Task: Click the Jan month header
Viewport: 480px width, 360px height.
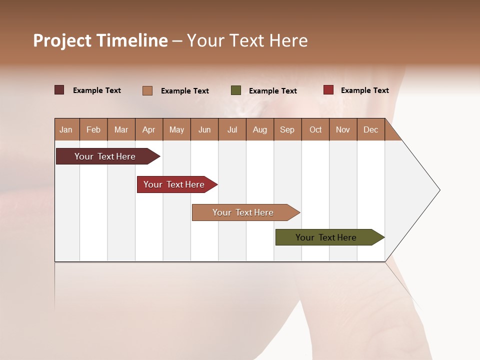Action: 66,129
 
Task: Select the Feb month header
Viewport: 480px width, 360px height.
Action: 93,129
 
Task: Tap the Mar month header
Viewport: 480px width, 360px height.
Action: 121,129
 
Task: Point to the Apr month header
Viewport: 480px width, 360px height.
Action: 149,129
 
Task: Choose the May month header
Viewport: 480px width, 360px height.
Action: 176,129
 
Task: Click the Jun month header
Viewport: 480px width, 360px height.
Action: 204,129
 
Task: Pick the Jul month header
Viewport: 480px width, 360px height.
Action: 232,129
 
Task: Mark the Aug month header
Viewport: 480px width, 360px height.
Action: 260,129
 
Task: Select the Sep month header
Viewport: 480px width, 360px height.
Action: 287,129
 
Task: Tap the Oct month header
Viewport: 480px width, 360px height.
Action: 315,129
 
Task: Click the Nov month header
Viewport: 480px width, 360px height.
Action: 343,129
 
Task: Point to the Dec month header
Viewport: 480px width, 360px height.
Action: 371,129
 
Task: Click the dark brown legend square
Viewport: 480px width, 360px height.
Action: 59,90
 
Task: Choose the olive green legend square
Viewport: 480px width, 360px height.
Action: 236,90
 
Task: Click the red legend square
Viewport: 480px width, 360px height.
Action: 328,90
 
